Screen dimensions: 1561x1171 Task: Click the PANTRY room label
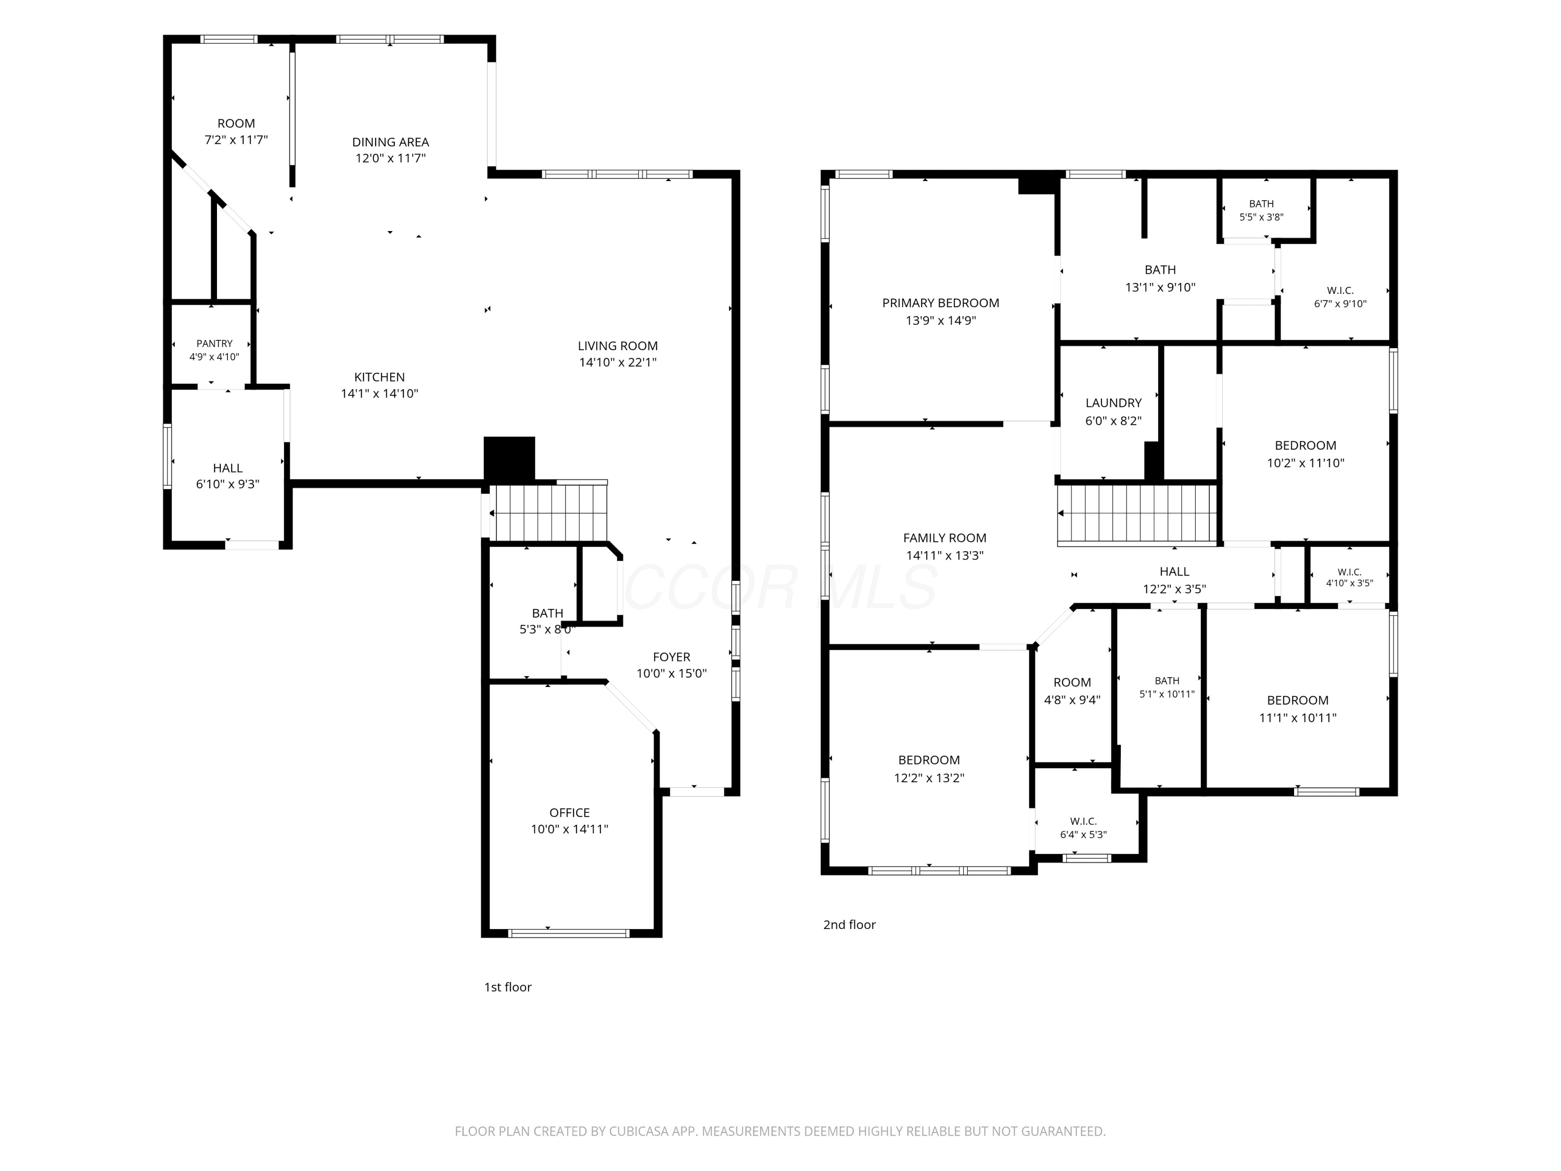point(214,343)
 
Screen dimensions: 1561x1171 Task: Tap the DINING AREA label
point(390,142)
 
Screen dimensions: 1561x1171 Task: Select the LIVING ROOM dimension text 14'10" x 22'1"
point(618,362)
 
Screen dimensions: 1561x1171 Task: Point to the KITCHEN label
point(380,377)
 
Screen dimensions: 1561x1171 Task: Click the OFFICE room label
point(569,812)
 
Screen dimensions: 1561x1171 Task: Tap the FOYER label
point(671,656)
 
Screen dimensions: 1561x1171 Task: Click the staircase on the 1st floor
point(551,513)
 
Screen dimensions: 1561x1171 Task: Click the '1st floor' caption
point(507,987)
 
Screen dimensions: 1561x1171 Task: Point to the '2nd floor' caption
point(849,925)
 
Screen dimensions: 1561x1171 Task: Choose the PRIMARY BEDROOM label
point(941,303)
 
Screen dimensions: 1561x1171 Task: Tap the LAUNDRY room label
point(1114,403)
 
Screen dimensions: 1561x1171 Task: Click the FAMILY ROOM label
point(945,538)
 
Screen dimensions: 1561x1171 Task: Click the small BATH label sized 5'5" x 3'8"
point(1262,204)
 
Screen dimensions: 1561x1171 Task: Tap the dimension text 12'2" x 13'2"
point(929,778)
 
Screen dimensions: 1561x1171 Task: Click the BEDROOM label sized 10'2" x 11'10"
point(1306,446)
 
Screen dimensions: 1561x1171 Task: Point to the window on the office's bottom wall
point(569,933)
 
